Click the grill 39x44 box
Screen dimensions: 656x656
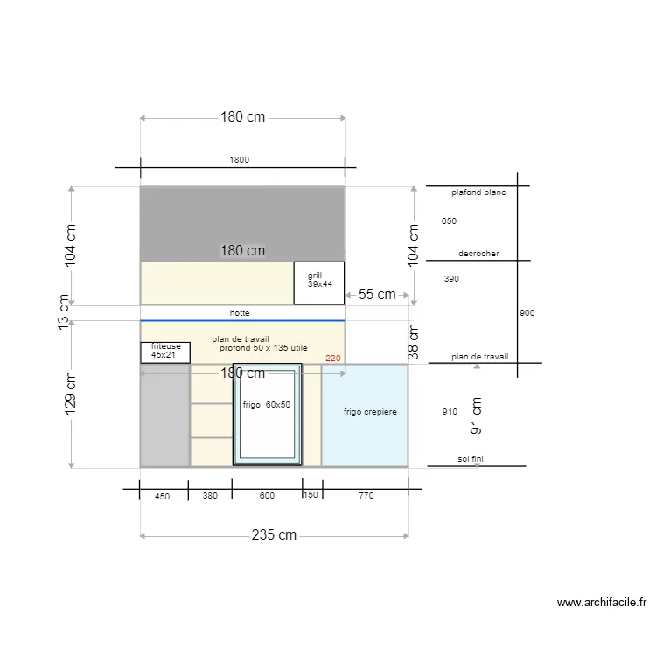point(319,283)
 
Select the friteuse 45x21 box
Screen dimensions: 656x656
point(165,352)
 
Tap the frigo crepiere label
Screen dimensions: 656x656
point(370,412)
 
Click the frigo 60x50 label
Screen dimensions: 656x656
point(267,405)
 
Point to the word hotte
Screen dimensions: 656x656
point(240,312)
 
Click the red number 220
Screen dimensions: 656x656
point(333,358)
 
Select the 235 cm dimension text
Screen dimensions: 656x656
point(274,534)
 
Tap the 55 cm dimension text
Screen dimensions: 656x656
point(377,294)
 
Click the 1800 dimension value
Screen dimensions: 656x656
point(240,159)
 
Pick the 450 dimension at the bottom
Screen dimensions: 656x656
point(163,496)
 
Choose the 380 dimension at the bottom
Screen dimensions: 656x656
point(210,495)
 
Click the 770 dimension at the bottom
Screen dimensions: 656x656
point(366,495)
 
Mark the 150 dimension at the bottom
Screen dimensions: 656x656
point(311,494)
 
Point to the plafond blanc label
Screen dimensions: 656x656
point(478,192)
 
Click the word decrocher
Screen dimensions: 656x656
point(478,253)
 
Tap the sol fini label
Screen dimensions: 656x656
point(471,459)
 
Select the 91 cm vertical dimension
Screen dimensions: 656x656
point(476,415)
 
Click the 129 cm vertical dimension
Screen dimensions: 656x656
point(70,394)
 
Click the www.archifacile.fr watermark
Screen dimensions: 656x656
point(602,602)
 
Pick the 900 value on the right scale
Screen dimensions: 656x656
point(527,312)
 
